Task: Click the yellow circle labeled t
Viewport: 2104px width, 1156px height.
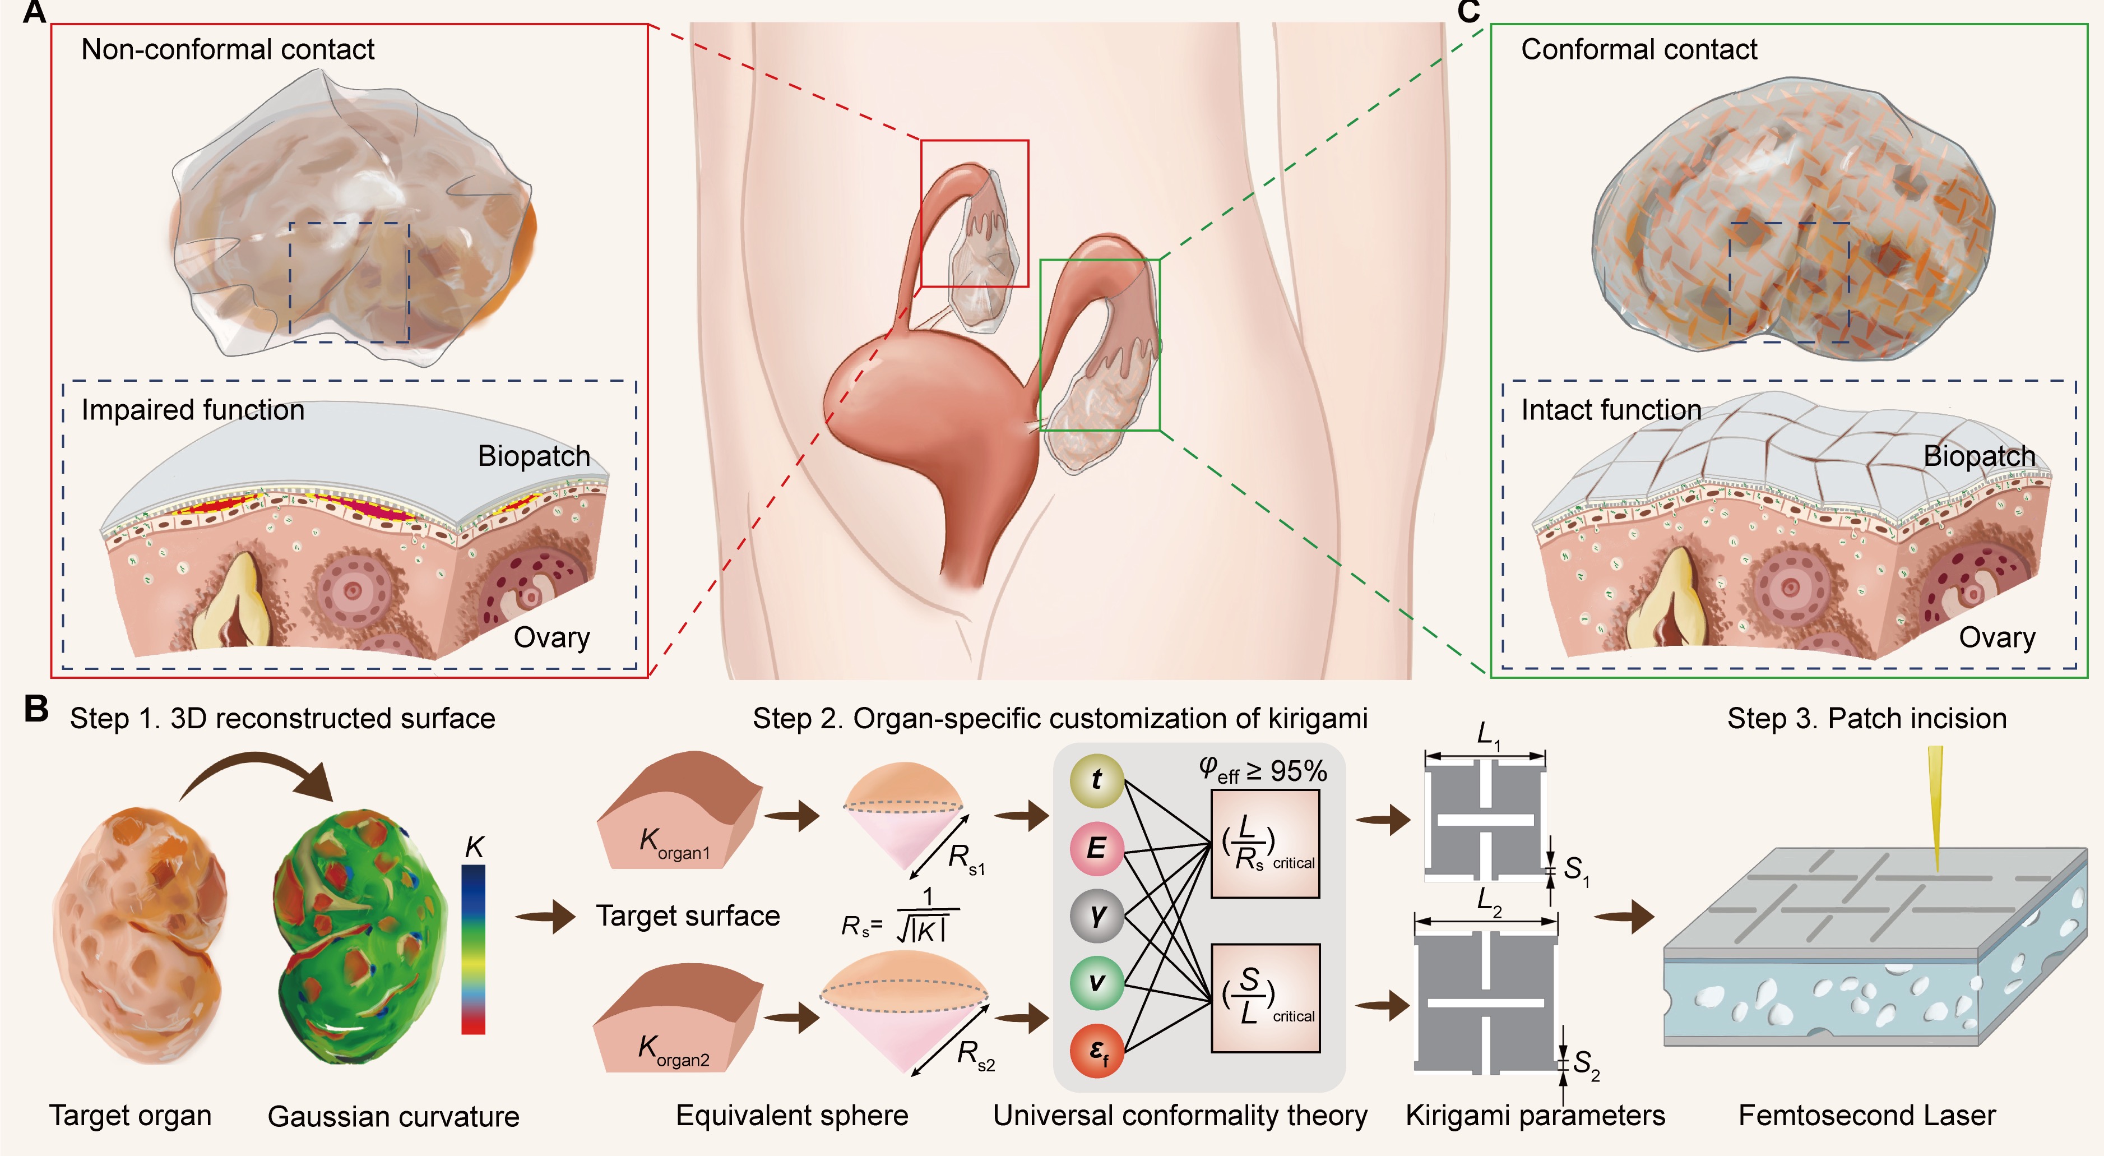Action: click(1096, 779)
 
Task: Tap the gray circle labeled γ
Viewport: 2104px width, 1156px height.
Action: click(1096, 915)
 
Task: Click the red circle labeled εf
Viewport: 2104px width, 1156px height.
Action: click(1096, 1051)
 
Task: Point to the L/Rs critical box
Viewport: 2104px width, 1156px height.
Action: click(1265, 845)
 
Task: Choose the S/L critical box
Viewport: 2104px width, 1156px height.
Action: click(1265, 997)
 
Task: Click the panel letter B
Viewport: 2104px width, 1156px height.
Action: click(36, 708)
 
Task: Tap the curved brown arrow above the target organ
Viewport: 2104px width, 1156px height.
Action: click(261, 776)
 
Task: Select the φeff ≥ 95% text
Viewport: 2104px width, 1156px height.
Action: click(1263, 770)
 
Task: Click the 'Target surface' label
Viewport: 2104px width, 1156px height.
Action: click(688, 916)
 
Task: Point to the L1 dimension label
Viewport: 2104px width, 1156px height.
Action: click(1488, 734)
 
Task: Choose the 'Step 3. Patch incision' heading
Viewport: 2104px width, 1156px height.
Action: click(1866, 719)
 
